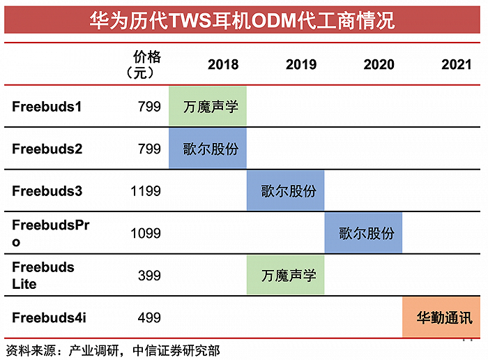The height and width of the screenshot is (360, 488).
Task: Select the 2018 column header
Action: pyautogui.click(x=222, y=65)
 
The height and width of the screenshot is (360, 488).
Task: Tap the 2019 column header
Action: pyautogui.click(x=300, y=65)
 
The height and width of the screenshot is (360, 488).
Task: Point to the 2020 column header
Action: pyautogui.click(x=379, y=65)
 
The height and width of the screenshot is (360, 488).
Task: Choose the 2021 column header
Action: pyautogui.click(x=456, y=65)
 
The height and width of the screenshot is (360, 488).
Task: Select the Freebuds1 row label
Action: pyautogui.click(x=47, y=107)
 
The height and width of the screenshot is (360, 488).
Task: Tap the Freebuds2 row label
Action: pyautogui.click(x=47, y=149)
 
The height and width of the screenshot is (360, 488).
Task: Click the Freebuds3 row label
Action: pyautogui.click(x=47, y=191)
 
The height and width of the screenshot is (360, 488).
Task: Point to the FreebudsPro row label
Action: pyautogui.click(x=51, y=233)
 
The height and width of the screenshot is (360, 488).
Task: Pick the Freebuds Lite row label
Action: pyautogui.click(x=43, y=276)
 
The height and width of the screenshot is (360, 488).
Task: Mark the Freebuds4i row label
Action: pyautogui.click(x=49, y=318)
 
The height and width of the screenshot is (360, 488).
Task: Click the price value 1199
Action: pyautogui.click(x=145, y=191)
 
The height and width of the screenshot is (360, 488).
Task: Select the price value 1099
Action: pyautogui.click(x=145, y=233)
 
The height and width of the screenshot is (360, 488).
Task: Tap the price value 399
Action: pyautogui.click(x=148, y=276)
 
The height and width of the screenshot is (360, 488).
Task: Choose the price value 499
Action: pyautogui.click(x=148, y=318)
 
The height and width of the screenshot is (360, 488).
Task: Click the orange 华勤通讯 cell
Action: pyautogui.click(x=444, y=318)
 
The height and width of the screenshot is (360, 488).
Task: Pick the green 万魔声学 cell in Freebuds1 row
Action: pyautogui.click(x=208, y=107)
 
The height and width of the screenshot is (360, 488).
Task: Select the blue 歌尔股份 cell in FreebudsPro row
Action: pyautogui.click(x=363, y=233)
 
